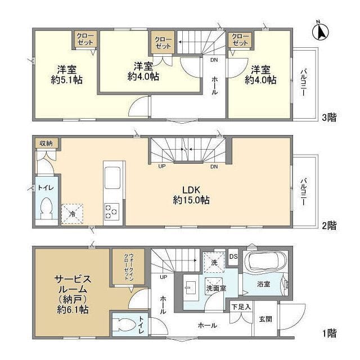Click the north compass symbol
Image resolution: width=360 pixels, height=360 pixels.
tap(321, 32)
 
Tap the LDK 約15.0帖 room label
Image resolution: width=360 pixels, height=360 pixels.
tap(191, 195)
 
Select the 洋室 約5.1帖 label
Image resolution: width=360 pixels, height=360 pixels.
tap(66, 75)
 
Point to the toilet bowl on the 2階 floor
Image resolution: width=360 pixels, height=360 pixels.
tap(47, 208)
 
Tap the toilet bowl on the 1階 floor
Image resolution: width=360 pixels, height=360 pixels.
tap(124, 325)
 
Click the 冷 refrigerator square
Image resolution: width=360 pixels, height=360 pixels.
tap(72, 214)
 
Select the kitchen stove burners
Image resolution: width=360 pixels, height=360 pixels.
tap(111, 211)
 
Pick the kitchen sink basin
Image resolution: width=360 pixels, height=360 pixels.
tap(112, 178)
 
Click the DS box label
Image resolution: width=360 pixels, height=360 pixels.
tap(233, 256)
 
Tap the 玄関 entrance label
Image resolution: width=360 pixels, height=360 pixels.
tap(265, 319)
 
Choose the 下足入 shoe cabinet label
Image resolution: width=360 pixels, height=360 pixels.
tap(241, 307)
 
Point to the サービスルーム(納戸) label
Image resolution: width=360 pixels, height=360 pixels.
tap(73, 294)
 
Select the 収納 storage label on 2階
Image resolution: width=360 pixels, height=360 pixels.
tap(46, 143)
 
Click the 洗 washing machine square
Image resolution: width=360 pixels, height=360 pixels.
tap(214, 263)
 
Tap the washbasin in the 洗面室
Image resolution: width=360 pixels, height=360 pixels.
tap(191, 288)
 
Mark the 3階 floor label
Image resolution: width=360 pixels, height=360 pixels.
tap(329, 118)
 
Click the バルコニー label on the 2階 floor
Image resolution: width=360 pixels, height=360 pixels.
tap(303, 191)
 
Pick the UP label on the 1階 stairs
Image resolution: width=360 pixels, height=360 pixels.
tap(163, 277)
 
